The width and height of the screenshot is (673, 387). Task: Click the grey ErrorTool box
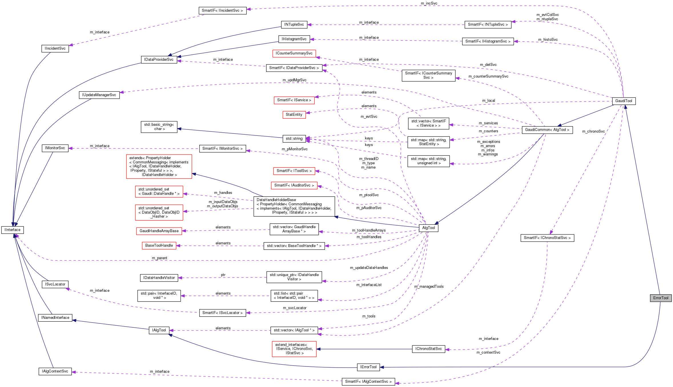(x=660, y=298)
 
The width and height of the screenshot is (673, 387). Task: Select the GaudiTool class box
(x=624, y=101)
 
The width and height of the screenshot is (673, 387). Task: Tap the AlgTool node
(x=428, y=228)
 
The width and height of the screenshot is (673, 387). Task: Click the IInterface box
(x=13, y=230)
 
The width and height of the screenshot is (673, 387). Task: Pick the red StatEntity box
(x=294, y=115)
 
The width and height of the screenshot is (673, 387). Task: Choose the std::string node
(x=294, y=139)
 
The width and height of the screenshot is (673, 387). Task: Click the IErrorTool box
(x=368, y=367)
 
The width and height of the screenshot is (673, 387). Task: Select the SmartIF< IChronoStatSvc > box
(x=547, y=238)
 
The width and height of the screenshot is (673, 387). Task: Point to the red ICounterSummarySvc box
(x=294, y=53)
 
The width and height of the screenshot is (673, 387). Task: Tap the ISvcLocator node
(x=55, y=284)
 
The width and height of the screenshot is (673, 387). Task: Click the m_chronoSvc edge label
(x=593, y=131)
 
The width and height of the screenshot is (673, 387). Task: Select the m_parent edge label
(x=159, y=258)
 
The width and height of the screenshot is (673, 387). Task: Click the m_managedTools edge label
(x=429, y=287)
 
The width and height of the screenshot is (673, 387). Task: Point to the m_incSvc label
(x=429, y=3)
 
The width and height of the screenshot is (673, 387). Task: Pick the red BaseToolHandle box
(x=159, y=246)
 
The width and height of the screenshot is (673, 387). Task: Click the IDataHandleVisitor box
(x=159, y=278)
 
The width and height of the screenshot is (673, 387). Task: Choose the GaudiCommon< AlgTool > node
(x=547, y=130)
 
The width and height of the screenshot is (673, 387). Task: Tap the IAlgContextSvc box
(x=55, y=371)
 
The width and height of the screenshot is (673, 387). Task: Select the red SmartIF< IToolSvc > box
(x=294, y=171)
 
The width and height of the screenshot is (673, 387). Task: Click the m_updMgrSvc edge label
(x=294, y=80)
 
